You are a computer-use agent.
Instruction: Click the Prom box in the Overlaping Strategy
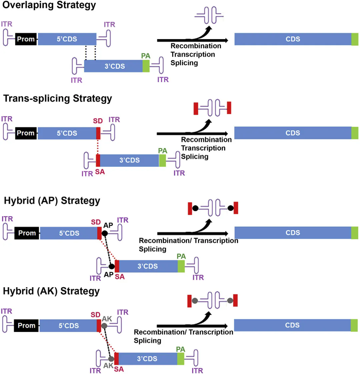(x=26, y=39)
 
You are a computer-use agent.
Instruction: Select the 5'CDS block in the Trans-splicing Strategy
(x=67, y=133)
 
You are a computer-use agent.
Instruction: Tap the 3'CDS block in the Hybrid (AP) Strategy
(x=148, y=266)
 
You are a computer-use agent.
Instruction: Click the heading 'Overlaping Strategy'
(x=49, y=5)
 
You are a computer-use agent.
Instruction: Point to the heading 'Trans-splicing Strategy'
(x=58, y=98)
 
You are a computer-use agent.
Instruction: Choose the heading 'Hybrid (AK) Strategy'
(x=51, y=291)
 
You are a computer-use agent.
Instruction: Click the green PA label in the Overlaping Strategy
(x=146, y=56)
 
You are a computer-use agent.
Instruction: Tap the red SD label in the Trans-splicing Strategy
(x=98, y=121)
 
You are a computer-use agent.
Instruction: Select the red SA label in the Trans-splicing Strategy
(x=100, y=172)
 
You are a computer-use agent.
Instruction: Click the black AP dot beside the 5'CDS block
(x=105, y=233)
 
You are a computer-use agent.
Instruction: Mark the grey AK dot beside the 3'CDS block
(x=111, y=359)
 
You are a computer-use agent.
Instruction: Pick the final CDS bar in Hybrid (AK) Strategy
(x=293, y=325)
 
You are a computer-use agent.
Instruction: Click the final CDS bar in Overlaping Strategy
(x=293, y=39)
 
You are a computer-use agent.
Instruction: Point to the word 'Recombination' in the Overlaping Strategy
(x=196, y=46)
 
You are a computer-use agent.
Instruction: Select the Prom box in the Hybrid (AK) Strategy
(x=26, y=325)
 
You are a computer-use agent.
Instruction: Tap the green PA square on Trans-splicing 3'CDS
(x=162, y=160)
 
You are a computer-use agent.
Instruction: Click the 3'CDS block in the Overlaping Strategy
(x=114, y=66)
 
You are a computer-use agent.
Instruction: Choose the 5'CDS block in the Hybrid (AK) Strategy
(x=68, y=326)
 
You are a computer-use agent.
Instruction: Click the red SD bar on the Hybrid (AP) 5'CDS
(x=99, y=233)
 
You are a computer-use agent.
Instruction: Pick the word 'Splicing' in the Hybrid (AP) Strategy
(x=152, y=249)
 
